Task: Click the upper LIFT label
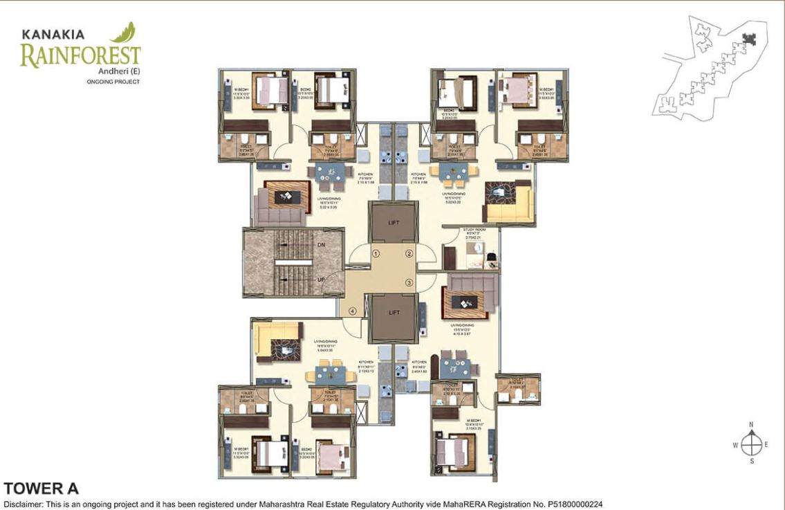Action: pyautogui.click(x=394, y=222)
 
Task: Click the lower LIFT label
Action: pyautogui.click(x=394, y=313)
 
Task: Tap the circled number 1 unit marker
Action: pyautogui.click(x=376, y=254)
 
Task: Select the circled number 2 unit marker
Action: pyautogui.click(x=409, y=254)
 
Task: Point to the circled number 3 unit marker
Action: pyautogui.click(x=409, y=282)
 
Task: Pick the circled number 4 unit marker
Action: pyautogui.click(x=353, y=311)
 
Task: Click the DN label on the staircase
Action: pyautogui.click(x=320, y=245)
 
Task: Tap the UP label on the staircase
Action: pyautogui.click(x=320, y=280)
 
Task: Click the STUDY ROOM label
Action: pyautogui.click(x=474, y=229)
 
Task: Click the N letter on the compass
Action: pyautogui.click(x=751, y=425)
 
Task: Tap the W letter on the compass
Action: pyautogui.click(x=735, y=444)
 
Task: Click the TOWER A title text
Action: pyautogui.click(x=41, y=489)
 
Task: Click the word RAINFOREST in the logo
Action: pyautogui.click(x=80, y=55)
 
